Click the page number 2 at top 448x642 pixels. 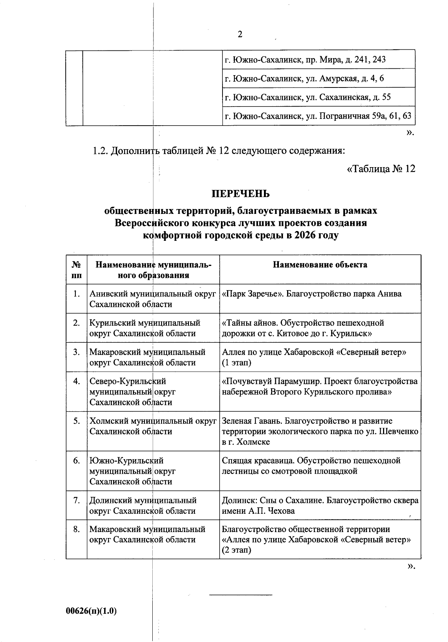pos(240,34)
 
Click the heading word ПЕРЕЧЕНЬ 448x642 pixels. pos(240,194)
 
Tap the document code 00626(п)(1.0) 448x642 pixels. pos(91,611)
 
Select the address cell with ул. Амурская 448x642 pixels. pos(304,79)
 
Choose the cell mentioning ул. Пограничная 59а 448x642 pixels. pos(318,116)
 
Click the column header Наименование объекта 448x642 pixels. pos(320,265)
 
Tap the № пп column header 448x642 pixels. pos(77,270)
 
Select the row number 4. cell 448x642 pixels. pos(77,382)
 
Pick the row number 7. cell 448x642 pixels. pos(77,501)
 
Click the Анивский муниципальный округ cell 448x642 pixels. pos(153,299)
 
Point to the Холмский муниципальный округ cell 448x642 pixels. pos(153,426)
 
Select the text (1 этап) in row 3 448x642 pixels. pos(236,363)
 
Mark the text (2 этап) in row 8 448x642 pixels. pos(236,550)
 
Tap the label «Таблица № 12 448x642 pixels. pos(381,169)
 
